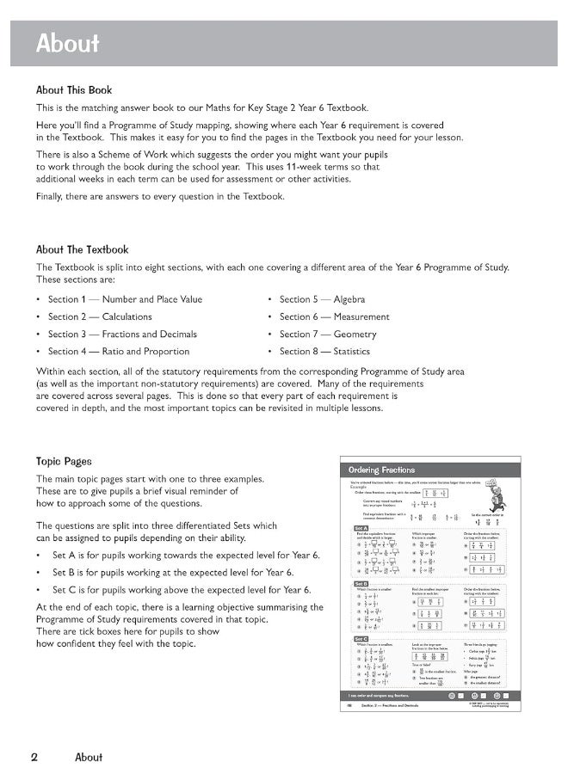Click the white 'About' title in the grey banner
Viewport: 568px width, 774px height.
(x=67, y=44)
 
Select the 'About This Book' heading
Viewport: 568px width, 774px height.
(x=74, y=89)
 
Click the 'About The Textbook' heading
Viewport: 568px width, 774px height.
(x=82, y=250)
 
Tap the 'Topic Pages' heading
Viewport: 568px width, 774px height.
(x=64, y=461)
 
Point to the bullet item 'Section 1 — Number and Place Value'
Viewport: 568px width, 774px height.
(x=125, y=299)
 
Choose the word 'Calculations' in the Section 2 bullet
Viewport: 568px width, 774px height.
(x=127, y=316)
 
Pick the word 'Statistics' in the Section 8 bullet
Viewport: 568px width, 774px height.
(x=351, y=351)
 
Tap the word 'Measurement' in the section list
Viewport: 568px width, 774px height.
(x=361, y=316)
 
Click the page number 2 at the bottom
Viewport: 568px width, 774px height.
(x=34, y=757)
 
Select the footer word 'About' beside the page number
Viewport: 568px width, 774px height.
(x=89, y=757)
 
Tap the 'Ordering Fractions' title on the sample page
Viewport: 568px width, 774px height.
(x=381, y=470)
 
